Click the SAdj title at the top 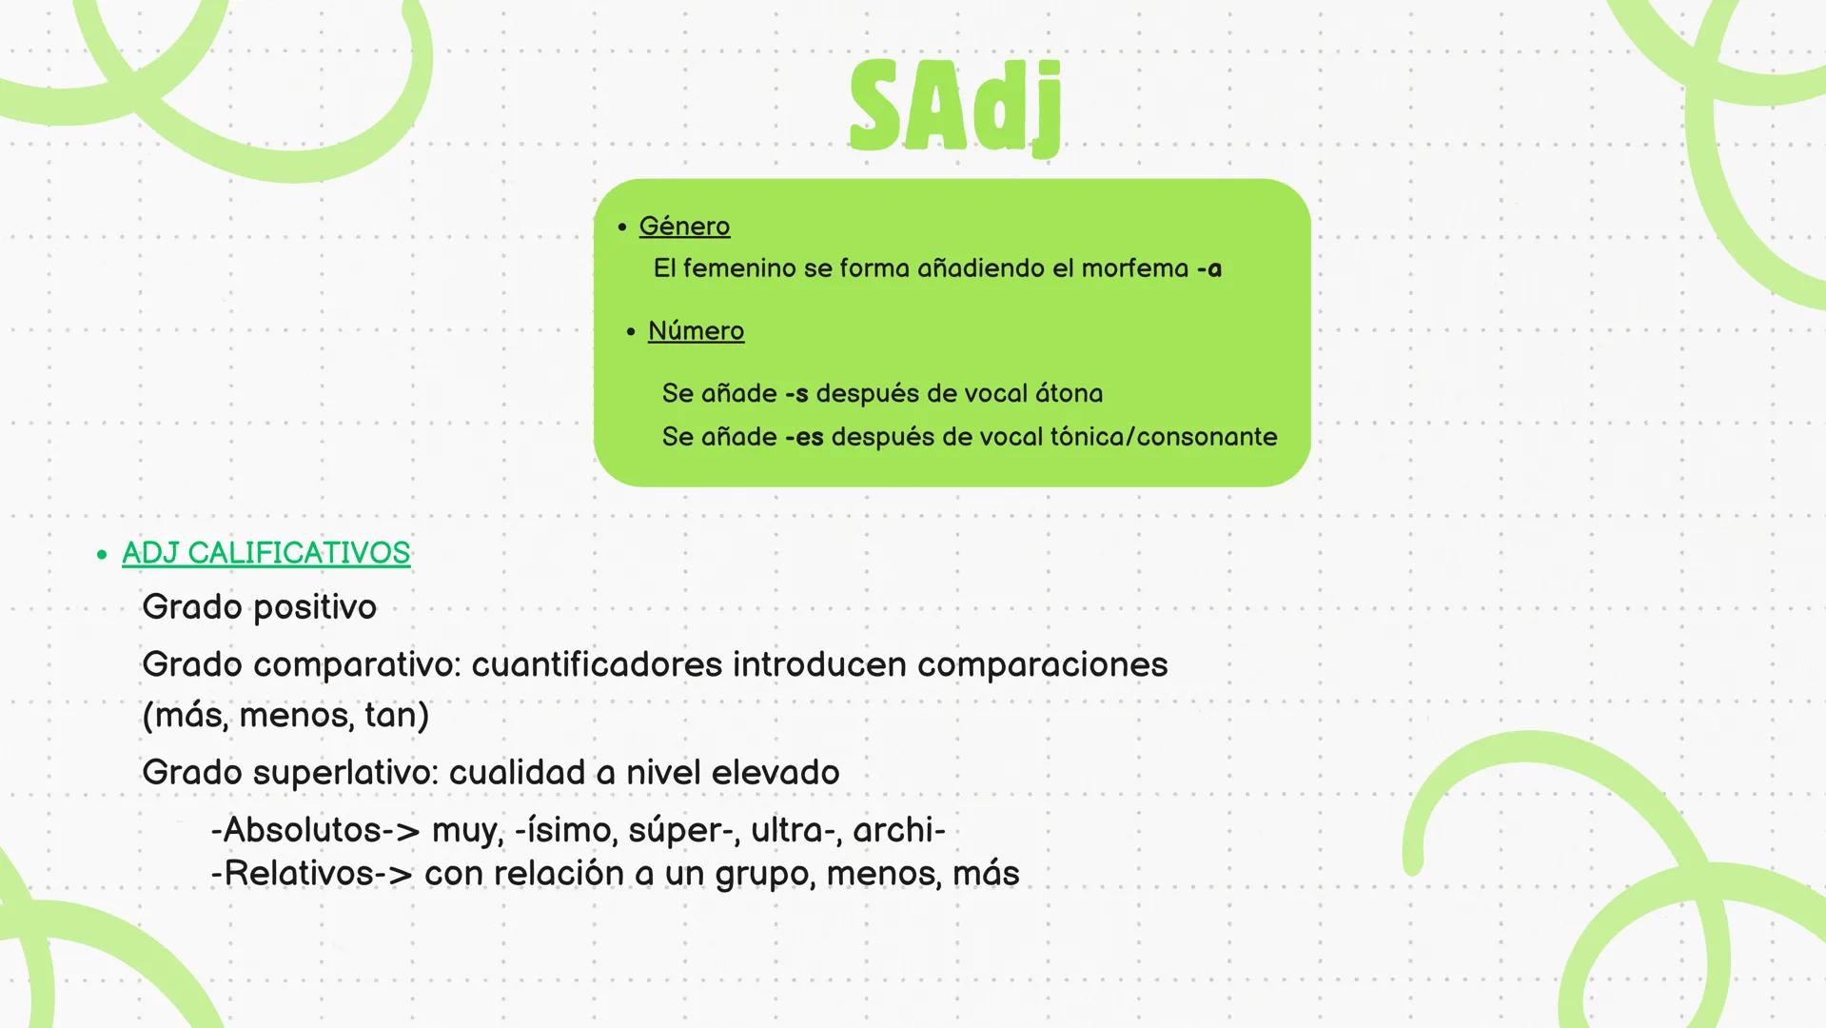(955, 107)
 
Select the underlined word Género (684, 227)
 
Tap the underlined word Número (696, 331)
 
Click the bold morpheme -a (1209, 269)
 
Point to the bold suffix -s (796, 394)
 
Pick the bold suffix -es (804, 438)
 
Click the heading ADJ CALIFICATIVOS (266, 553)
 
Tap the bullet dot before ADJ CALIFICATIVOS (102, 554)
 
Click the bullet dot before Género (621, 227)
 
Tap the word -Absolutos (296, 830)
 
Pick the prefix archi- (899, 830)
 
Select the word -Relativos (292, 874)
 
